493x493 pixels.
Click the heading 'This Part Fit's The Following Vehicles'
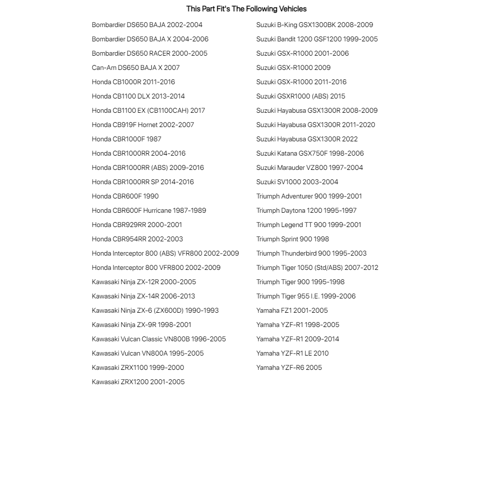[246, 9]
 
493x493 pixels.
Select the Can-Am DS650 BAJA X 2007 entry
[135, 67]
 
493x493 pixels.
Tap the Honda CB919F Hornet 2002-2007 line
[143, 125]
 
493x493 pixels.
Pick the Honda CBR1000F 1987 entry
[127, 139]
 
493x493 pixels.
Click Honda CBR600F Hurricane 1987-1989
[149, 210]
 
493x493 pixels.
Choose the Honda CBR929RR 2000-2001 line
[137, 225]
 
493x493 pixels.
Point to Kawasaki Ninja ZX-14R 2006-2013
[143, 296]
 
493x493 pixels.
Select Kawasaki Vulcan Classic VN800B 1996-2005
[159, 339]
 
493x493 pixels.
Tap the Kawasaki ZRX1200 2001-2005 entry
[138, 382]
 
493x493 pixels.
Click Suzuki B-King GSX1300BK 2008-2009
[314, 25]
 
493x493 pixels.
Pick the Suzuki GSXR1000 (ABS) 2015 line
[300, 96]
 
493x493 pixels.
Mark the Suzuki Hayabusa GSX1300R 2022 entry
[307, 139]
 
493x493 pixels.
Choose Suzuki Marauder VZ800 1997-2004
[309, 167]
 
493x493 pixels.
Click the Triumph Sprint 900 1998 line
[293, 239]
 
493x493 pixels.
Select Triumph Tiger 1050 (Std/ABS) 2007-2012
[317, 267]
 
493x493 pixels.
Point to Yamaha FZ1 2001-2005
[292, 310]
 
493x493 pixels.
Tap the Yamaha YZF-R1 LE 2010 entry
[292, 353]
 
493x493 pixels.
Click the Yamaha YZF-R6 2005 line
[289, 367]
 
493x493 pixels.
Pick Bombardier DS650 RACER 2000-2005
[149, 53]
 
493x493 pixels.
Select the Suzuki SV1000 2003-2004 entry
[297, 182]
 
